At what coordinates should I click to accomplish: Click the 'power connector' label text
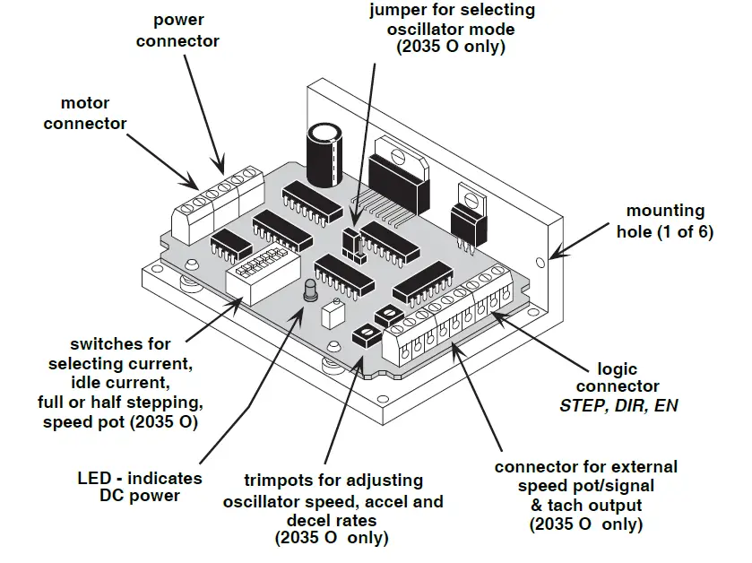coord(186,30)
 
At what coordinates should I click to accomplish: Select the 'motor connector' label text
coord(85,113)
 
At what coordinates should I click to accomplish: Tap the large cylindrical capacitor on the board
coord(324,157)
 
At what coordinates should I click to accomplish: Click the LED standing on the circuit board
coord(311,293)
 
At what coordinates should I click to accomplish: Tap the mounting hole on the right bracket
coord(540,264)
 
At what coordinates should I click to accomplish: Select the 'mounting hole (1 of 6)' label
coord(665,221)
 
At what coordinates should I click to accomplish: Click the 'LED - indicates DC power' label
coord(138,487)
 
